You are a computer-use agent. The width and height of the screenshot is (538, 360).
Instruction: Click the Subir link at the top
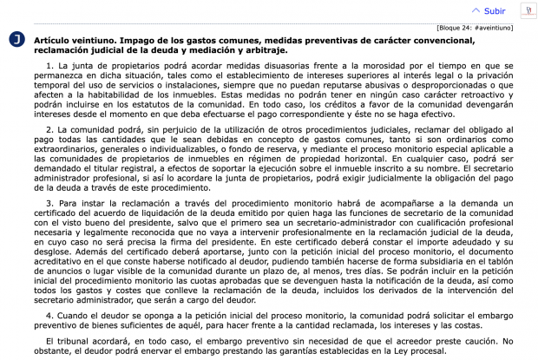coord(495,11)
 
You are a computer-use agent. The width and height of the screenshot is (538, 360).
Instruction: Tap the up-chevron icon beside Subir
coord(475,11)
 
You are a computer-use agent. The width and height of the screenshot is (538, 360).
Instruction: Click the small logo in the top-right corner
coord(526,10)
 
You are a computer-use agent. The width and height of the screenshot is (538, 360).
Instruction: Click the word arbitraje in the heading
coord(263,50)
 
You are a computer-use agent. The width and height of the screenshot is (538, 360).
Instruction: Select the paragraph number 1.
coord(49,65)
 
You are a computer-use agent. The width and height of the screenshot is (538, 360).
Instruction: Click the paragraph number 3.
coord(49,203)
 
